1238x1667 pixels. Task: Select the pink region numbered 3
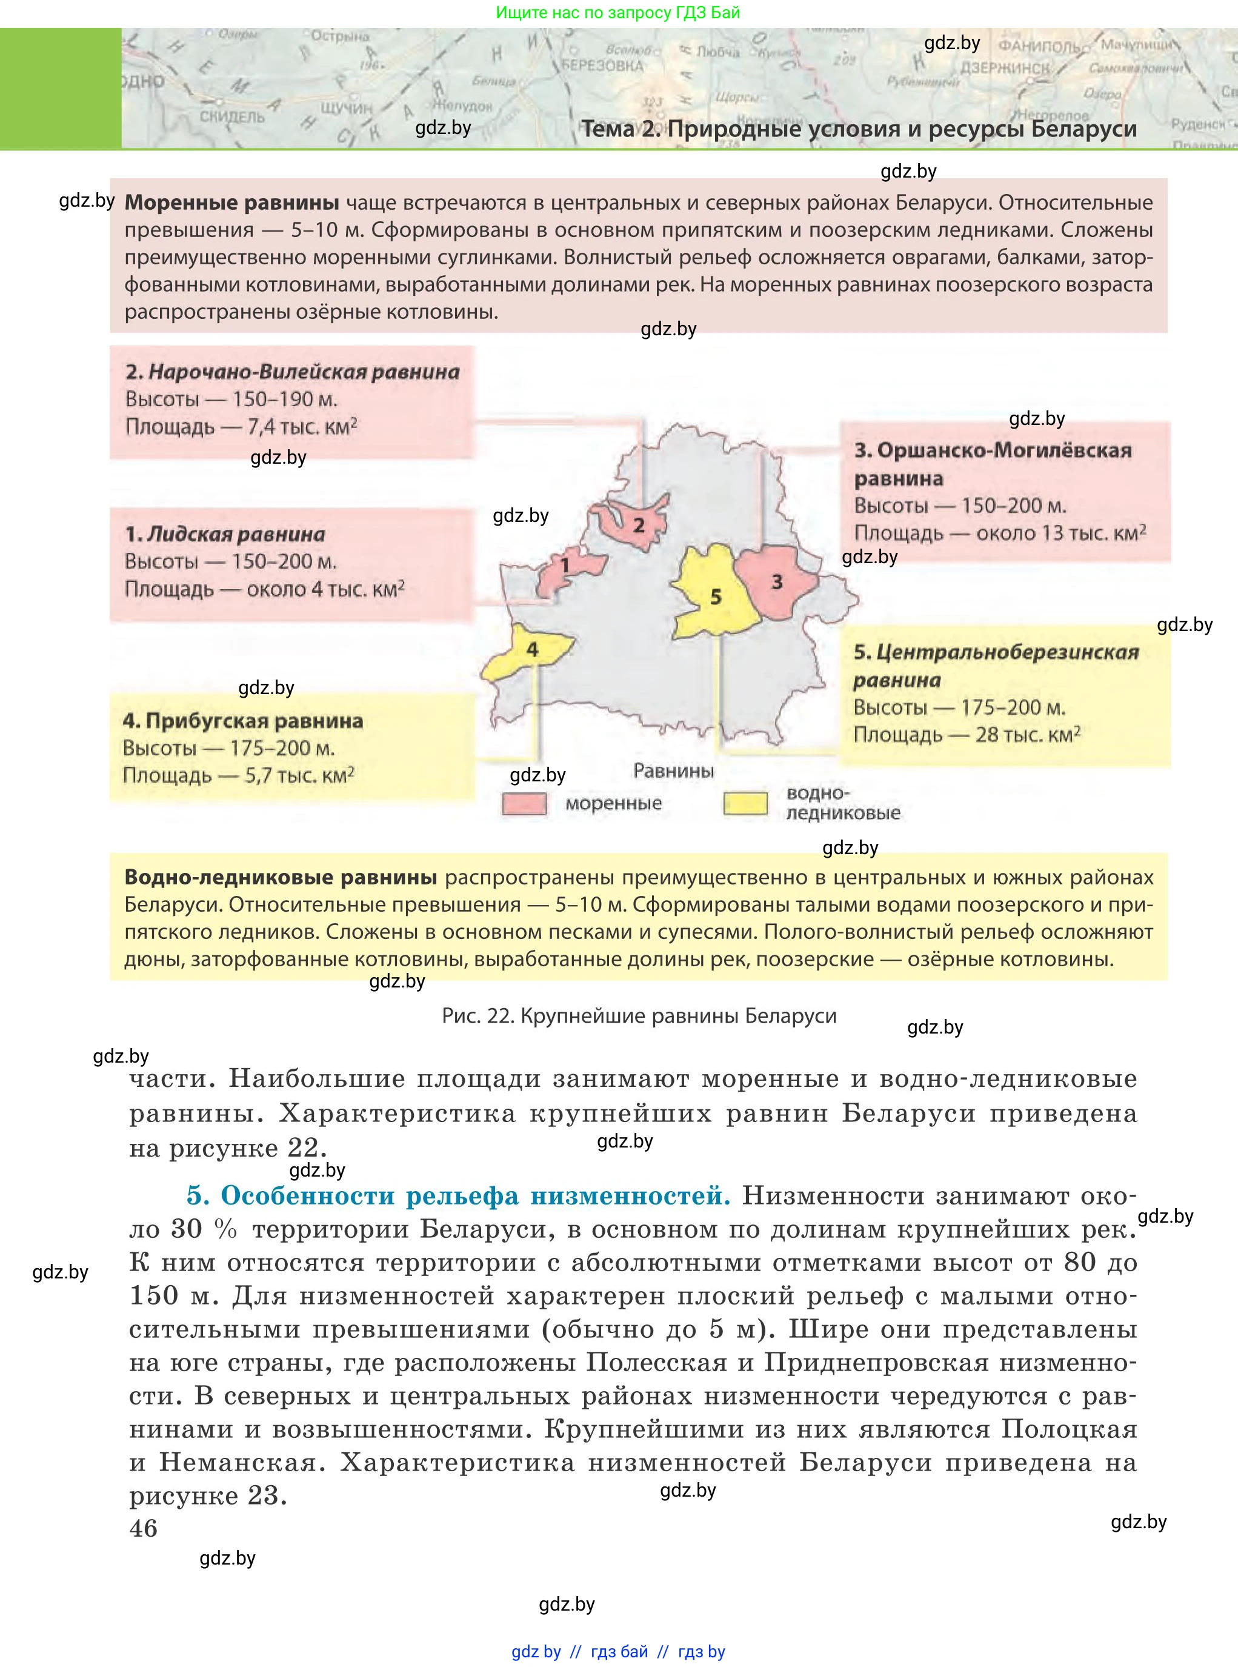pyautogui.click(x=776, y=581)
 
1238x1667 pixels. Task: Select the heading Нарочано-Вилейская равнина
pyautogui.click(x=292, y=372)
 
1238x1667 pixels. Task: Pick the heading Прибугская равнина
pyautogui.click(x=243, y=721)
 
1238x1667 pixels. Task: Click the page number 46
pyautogui.click(x=143, y=1528)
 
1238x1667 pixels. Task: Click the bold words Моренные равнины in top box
pyautogui.click(x=231, y=203)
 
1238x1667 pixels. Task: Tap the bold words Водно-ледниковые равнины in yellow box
pyautogui.click(x=281, y=877)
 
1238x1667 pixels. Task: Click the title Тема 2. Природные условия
pyautogui.click(x=859, y=129)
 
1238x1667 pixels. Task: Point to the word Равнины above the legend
pyautogui.click(x=673, y=770)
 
